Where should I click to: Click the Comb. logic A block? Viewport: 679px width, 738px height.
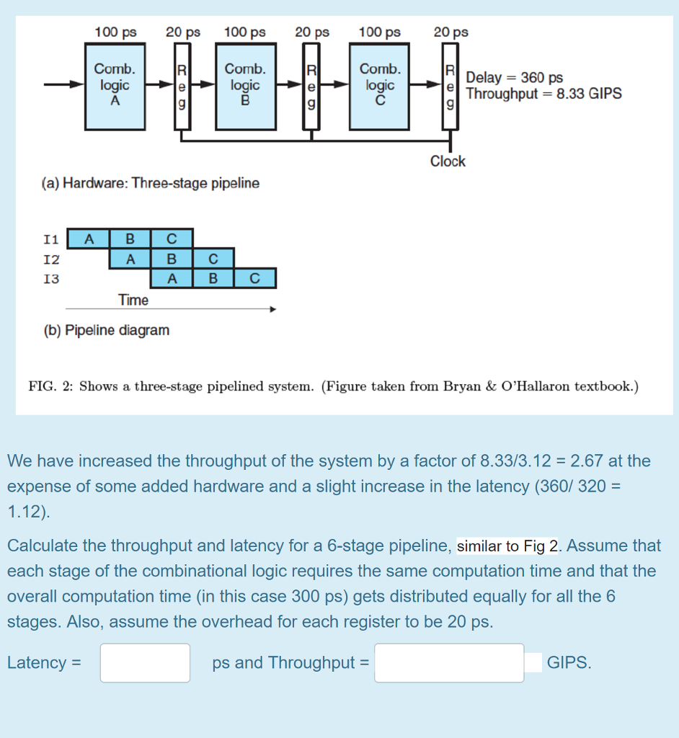click(x=115, y=86)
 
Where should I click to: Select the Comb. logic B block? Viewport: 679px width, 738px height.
click(x=245, y=86)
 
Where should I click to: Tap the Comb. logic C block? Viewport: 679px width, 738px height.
click(x=380, y=86)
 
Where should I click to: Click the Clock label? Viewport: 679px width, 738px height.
click(x=448, y=161)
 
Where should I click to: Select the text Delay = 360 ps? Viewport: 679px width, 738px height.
click(x=515, y=78)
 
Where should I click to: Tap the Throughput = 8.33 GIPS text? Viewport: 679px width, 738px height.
click(x=543, y=94)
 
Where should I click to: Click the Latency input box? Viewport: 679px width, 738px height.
click(x=145, y=663)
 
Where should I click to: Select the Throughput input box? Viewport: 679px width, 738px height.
click(x=449, y=663)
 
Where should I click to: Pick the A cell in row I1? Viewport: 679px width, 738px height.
click(x=88, y=239)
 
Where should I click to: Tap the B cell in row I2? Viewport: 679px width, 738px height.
click(x=172, y=258)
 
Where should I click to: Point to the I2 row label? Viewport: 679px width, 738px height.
click(x=51, y=258)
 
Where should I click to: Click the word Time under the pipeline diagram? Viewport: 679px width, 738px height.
click(x=133, y=300)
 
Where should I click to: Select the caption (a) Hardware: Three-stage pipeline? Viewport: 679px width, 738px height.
click(x=151, y=183)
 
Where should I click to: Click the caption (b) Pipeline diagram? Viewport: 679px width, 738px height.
click(x=106, y=330)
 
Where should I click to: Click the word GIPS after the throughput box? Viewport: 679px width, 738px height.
click(x=569, y=663)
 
